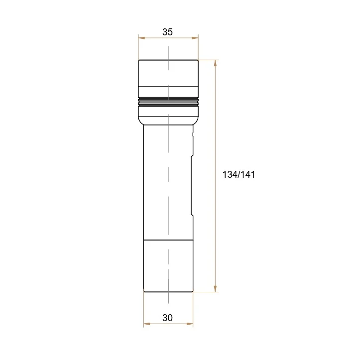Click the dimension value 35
click(x=167, y=32)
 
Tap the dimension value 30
click(x=167, y=318)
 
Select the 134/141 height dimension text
click(x=239, y=174)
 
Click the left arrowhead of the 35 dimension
click(x=141, y=38)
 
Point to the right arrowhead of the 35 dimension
click(x=195, y=38)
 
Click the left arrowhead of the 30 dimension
click(x=147, y=324)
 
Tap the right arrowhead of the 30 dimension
click(x=190, y=324)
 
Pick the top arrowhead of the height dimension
click(x=215, y=63)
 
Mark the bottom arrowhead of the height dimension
click(x=215, y=289)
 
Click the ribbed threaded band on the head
click(x=168, y=101)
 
